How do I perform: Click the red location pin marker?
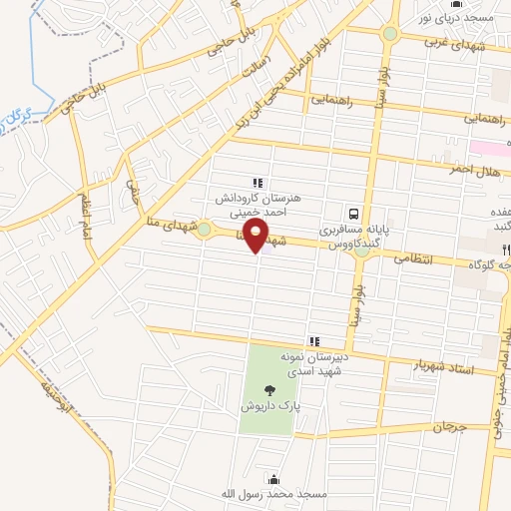point(257,236)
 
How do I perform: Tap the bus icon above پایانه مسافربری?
point(353,213)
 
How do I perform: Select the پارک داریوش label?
point(266,406)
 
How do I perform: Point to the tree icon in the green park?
point(266,390)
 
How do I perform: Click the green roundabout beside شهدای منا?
point(204,231)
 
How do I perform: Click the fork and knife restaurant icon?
point(506,250)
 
